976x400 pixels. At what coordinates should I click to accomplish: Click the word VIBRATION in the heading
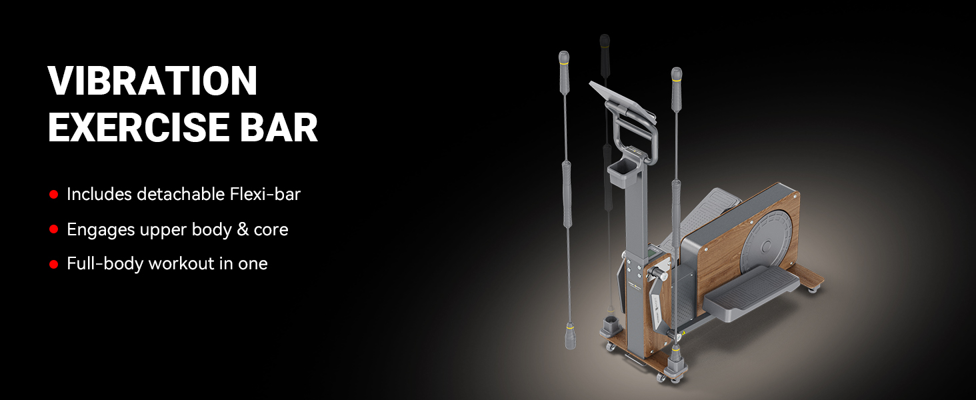click(153, 81)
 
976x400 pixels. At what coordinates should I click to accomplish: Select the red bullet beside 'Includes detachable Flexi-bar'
click(53, 195)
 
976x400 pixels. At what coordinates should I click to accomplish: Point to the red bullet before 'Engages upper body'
click(53, 229)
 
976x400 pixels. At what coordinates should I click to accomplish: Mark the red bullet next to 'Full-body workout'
click(53, 264)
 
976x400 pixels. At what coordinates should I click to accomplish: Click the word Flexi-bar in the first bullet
click(265, 195)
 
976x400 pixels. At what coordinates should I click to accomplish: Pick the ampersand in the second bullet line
click(243, 229)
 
